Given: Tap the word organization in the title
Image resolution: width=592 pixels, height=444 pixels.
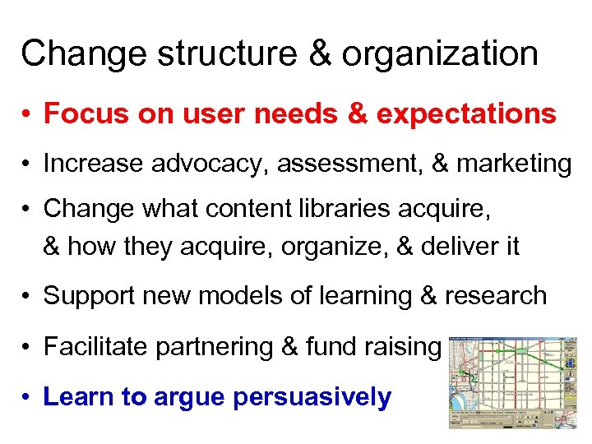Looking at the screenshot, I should [x=441, y=54].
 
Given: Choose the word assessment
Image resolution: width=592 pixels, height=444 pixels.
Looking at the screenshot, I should [x=347, y=164].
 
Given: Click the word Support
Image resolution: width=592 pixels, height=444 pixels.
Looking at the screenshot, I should [x=86, y=296].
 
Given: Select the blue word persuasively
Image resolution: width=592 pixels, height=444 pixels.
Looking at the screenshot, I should [x=312, y=397].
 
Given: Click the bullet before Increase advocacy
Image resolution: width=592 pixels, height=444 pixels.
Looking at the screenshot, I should [x=27, y=165].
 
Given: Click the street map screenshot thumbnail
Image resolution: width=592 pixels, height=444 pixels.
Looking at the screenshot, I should [x=512, y=382].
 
